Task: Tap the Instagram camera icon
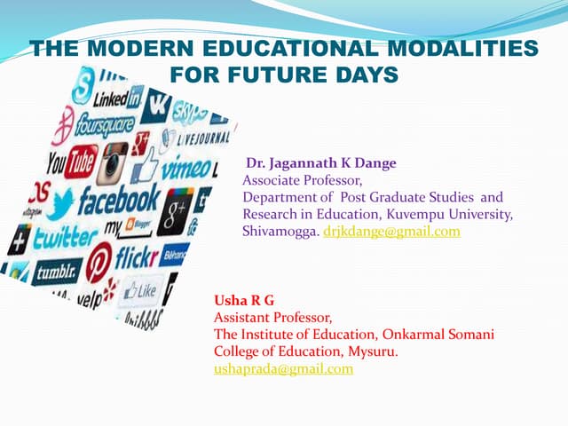(x=114, y=162)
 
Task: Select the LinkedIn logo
(x=123, y=95)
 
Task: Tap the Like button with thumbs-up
(x=141, y=289)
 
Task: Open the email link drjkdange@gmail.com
(x=391, y=231)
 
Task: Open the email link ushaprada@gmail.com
(x=283, y=368)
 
